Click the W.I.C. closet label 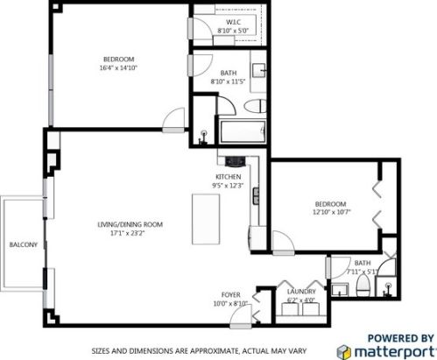234,21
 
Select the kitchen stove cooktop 235,161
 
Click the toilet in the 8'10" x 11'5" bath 253,106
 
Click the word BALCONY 22,244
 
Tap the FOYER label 230,294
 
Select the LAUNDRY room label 301,292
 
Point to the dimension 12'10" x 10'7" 331,211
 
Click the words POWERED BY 399,336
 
